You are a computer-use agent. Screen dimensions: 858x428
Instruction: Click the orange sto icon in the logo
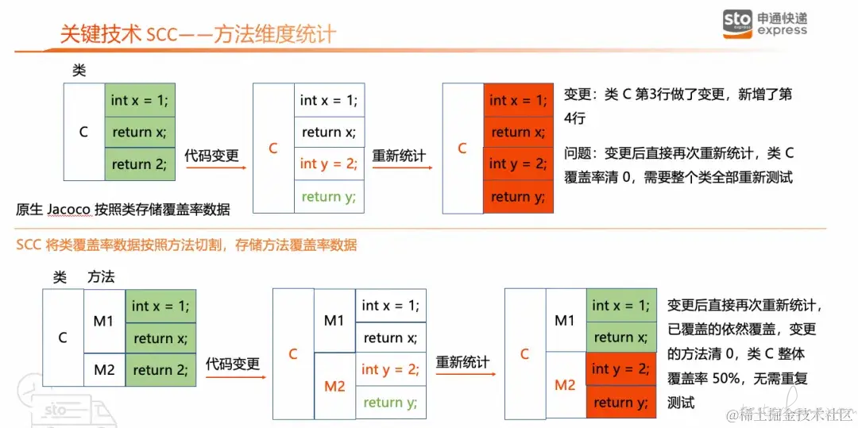(737, 24)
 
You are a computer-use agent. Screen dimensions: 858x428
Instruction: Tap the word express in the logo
(782, 31)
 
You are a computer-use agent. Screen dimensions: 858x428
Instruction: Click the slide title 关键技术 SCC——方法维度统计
(198, 34)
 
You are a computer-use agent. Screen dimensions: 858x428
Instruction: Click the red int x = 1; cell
(518, 100)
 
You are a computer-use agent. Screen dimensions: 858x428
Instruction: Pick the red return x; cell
(518, 132)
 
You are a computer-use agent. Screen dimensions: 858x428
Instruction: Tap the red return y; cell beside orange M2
(621, 402)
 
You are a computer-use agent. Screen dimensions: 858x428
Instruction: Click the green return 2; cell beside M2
(160, 369)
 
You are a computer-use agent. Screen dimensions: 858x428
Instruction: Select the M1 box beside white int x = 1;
(334, 320)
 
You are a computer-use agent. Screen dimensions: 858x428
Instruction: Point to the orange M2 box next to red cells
(566, 385)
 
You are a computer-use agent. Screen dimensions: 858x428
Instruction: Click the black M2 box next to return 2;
(105, 369)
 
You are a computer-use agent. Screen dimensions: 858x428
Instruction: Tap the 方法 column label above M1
(101, 277)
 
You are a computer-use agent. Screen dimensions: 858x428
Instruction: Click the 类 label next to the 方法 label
(60, 277)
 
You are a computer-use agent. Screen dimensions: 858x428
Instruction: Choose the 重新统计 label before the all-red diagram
(399, 156)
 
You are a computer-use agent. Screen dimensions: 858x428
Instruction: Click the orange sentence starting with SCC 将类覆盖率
(187, 245)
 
